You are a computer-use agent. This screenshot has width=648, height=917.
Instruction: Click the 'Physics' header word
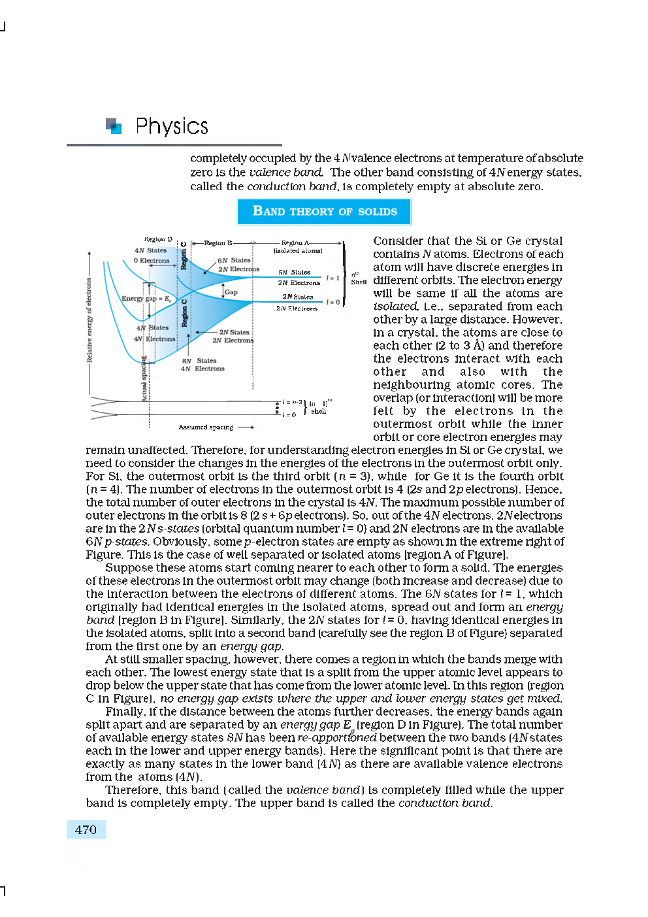point(171,126)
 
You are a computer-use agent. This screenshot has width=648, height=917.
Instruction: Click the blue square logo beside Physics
point(114,125)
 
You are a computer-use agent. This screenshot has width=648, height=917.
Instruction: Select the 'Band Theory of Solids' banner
point(324,211)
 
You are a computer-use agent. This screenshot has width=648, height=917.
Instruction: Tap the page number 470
point(86,829)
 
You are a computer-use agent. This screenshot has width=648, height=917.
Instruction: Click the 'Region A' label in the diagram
point(295,242)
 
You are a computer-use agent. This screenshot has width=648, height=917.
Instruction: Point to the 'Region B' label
point(218,242)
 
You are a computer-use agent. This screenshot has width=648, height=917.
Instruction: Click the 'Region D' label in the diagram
point(158,239)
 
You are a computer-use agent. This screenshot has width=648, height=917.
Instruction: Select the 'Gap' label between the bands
point(231,292)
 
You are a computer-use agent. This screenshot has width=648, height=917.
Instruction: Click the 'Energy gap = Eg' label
point(146,298)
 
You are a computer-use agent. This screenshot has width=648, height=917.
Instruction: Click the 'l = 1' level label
point(333,278)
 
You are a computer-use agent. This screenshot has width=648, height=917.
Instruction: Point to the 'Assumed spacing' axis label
point(206,427)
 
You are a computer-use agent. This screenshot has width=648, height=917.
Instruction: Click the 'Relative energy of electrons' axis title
point(89,320)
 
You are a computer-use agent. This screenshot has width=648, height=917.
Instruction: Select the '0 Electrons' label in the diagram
point(152,260)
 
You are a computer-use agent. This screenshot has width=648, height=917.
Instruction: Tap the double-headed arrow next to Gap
point(223,290)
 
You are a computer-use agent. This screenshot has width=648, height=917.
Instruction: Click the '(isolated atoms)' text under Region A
point(297,250)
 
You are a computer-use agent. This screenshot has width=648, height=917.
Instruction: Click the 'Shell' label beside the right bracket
point(359,282)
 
